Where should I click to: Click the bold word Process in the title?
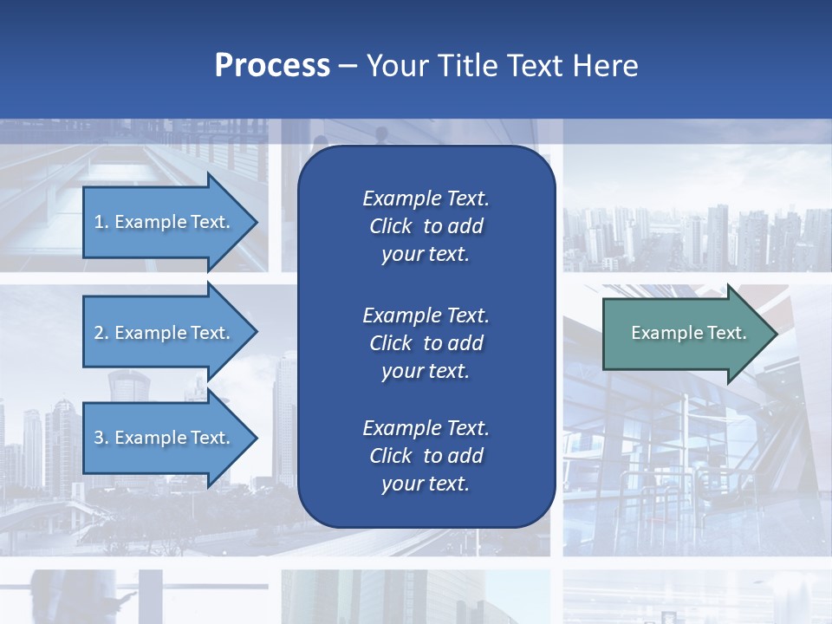[272, 66]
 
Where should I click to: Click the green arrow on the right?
[685, 334]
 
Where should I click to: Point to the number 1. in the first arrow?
[101, 222]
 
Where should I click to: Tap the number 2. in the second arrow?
[101, 333]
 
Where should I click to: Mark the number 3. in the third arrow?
[101, 438]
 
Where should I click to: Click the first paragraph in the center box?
[426, 226]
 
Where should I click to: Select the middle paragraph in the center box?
[426, 343]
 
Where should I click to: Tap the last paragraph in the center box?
[426, 456]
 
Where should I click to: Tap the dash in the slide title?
[348, 66]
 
